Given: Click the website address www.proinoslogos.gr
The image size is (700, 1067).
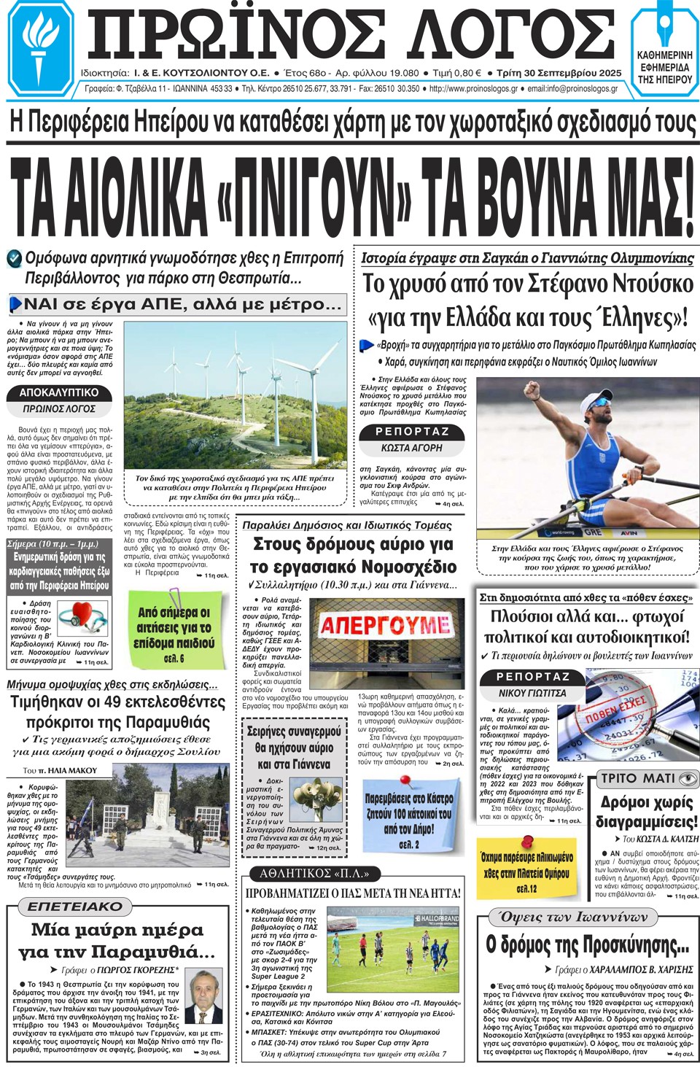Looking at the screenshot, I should (x=474, y=89).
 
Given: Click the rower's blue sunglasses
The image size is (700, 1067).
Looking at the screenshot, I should (x=600, y=402).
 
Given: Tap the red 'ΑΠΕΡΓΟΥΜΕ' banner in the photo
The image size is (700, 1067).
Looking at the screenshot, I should (x=384, y=625).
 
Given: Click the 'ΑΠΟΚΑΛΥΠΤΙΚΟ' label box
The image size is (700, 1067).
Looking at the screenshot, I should (x=58, y=392).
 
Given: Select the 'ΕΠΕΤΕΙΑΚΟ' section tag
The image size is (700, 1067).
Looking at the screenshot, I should (x=75, y=907).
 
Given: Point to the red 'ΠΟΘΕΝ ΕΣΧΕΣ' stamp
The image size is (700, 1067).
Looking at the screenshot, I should (x=616, y=708).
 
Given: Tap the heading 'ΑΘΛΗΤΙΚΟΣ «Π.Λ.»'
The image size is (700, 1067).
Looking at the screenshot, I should (x=314, y=873).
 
